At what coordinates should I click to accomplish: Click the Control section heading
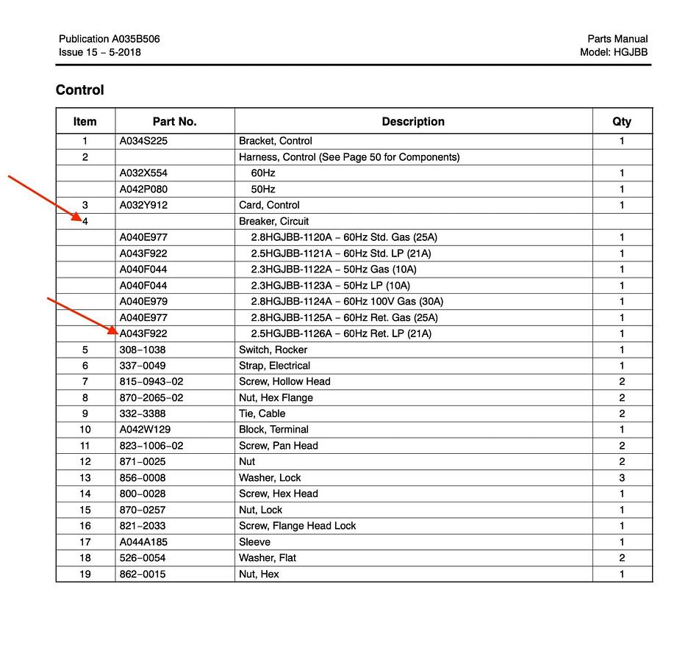pyautogui.click(x=79, y=90)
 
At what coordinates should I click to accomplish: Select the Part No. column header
pyautogui.click(x=174, y=121)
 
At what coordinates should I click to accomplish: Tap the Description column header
pyautogui.click(x=412, y=121)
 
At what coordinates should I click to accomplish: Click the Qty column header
pyautogui.click(x=621, y=121)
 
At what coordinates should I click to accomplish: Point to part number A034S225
pyautogui.click(x=143, y=141)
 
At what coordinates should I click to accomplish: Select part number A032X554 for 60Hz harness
pyautogui.click(x=143, y=173)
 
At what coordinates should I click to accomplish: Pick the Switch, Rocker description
pyautogui.click(x=273, y=350)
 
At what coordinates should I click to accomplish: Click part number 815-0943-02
pyautogui.click(x=151, y=381)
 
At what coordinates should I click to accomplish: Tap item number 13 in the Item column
pyautogui.click(x=85, y=477)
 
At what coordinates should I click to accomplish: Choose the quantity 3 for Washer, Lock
pyautogui.click(x=621, y=477)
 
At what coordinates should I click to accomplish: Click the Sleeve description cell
pyautogui.click(x=254, y=542)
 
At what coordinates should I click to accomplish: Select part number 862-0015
pyautogui.click(x=143, y=574)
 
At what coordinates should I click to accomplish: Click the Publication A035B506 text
pyautogui.click(x=109, y=39)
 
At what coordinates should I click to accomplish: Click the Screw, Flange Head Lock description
pyautogui.click(x=297, y=526)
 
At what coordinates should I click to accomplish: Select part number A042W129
pyautogui.click(x=144, y=430)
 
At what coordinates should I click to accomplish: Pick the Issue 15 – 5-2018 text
pyautogui.click(x=99, y=52)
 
